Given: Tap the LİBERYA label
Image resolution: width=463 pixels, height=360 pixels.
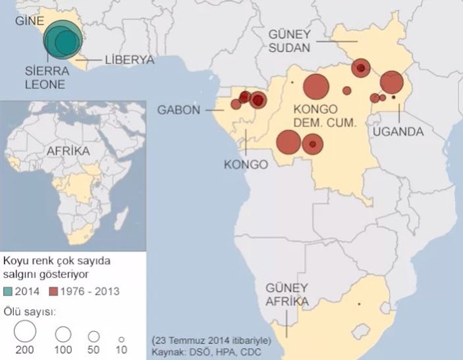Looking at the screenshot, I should [x=129, y=61].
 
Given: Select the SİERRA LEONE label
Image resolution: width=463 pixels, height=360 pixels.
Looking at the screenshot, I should [x=45, y=78].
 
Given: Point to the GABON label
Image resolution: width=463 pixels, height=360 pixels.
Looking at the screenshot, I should [x=178, y=110].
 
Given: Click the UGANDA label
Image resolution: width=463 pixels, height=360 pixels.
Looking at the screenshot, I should [x=398, y=132].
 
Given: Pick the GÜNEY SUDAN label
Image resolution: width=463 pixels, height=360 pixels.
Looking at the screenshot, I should [x=293, y=39].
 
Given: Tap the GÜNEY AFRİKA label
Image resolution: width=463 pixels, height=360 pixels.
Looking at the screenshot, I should [x=286, y=295].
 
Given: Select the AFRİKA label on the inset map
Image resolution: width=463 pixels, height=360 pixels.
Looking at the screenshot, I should [x=68, y=151].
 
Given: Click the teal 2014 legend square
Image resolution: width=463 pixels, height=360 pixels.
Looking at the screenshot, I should [x=9, y=290].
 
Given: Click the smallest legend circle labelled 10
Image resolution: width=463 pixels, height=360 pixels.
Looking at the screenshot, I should [x=121, y=334].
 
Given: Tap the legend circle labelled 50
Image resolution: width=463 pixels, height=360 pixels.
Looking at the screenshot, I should [x=94, y=334].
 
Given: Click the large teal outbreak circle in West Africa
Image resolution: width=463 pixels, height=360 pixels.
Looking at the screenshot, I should [x=61, y=41].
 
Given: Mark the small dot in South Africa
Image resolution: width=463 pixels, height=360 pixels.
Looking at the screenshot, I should [x=359, y=304].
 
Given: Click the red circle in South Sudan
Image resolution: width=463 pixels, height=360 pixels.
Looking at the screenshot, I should [x=361, y=67].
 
